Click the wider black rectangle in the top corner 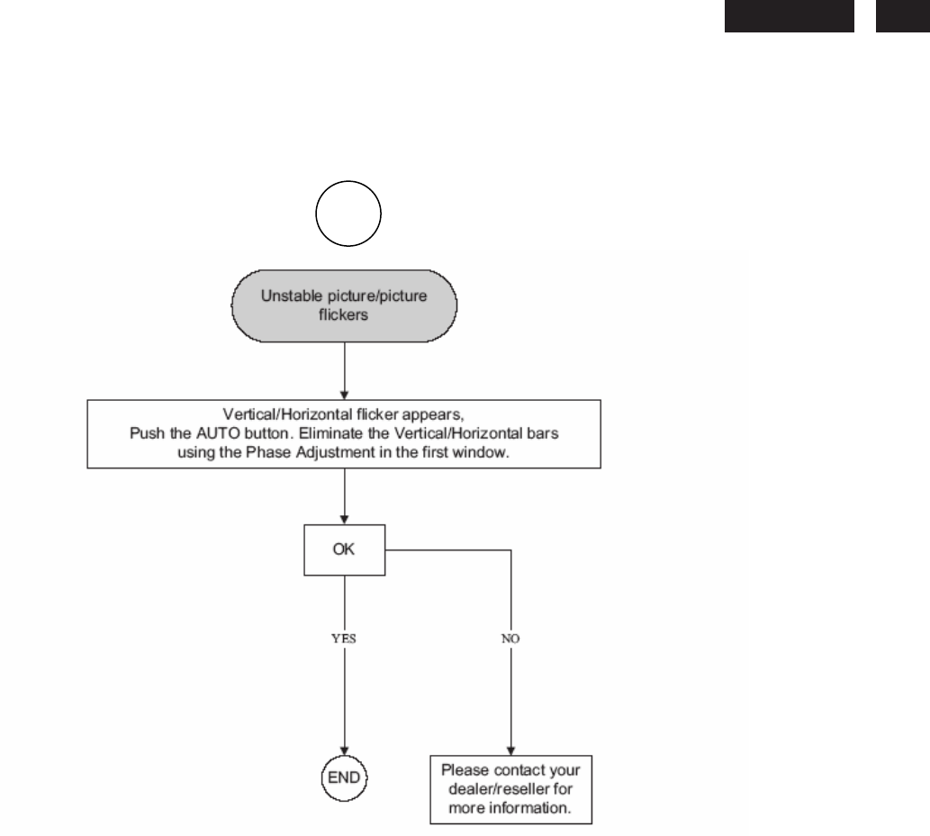pyautogui.click(x=789, y=15)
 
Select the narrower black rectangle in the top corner pyautogui.click(x=903, y=15)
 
